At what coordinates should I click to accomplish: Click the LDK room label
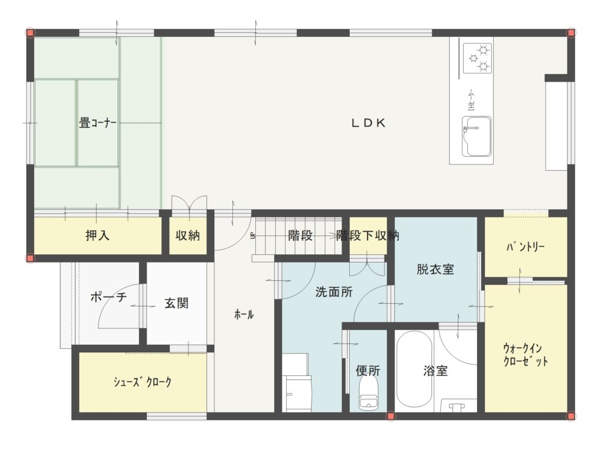[x=369, y=123]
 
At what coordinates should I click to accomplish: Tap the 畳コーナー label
[x=97, y=123]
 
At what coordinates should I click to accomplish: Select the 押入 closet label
[x=97, y=235]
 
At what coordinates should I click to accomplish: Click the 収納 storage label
[x=188, y=235]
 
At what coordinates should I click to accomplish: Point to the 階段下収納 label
[x=367, y=235]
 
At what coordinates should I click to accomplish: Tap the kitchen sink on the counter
[x=477, y=136]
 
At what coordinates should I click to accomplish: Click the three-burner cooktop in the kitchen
[x=477, y=58]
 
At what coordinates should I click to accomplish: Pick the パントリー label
[x=525, y=247]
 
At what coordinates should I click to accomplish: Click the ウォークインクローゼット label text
[x=525, y=355]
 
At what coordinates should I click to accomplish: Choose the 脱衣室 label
[x=435, y=269]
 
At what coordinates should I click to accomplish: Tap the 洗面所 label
[x=334, y=292]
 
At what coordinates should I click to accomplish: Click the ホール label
[x=244, y=315]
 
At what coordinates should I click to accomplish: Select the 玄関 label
[x=176, y=304]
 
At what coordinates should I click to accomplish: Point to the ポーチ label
[x=109, y=297]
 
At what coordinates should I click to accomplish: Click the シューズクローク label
[x=142, y=382]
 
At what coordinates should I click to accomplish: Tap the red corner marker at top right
[x=571, y=33]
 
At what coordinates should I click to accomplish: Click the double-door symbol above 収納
[x=190, y=203]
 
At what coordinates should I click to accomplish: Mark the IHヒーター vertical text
[x=471, y=100]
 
